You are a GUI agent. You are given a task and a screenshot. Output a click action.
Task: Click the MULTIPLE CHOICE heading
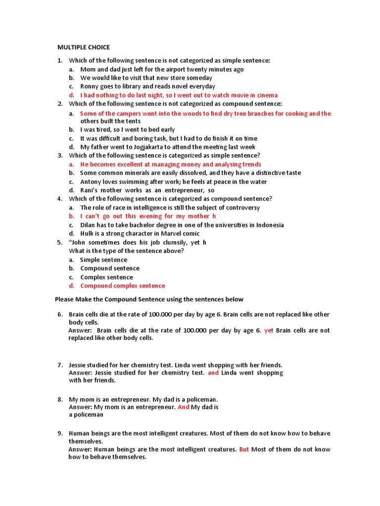point(84,47)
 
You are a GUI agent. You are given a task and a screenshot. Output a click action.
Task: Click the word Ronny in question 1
point(90,86)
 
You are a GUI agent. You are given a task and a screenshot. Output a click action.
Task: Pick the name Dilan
point(89,225)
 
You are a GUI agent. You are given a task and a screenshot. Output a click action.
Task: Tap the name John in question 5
point(80,243)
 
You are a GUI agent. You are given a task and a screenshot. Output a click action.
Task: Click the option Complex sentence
point(106,277)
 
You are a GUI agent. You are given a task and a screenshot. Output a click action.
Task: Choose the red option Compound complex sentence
point(123,286)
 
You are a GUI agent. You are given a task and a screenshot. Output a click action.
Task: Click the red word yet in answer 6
point(269,331)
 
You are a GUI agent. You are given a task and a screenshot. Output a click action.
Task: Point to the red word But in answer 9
point(244,450)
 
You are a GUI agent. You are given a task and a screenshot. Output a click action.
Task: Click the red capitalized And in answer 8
point(184,407)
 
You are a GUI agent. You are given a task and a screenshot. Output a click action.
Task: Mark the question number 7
point(60,365)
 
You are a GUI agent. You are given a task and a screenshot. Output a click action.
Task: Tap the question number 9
point(60,433)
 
